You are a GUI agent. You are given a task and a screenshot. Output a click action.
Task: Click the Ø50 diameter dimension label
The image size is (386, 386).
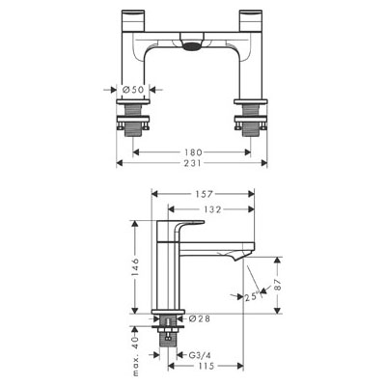133,90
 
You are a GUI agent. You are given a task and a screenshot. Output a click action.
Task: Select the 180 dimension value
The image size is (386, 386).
193,152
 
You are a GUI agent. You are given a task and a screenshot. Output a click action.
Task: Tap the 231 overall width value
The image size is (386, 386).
193,163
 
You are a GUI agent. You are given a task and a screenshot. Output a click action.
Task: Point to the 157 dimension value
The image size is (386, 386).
204,194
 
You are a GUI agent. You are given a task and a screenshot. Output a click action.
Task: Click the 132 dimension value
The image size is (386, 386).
212,209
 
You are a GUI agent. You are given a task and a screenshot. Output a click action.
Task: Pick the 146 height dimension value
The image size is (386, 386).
135,267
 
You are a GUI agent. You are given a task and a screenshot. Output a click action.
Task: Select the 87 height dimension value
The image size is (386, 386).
278,285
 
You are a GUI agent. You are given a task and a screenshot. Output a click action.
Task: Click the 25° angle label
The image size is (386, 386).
252,296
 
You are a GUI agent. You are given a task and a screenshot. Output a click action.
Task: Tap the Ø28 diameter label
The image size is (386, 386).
200,318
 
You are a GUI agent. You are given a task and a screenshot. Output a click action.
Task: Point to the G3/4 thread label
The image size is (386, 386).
200,355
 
